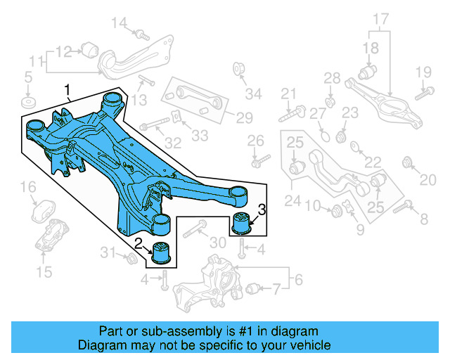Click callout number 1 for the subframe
68,90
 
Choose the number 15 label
44,272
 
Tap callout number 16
27,187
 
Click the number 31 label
107,252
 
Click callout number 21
289,94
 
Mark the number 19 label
422,72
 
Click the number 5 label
28,76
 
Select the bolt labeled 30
196,226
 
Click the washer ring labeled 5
28,103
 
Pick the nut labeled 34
238,68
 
